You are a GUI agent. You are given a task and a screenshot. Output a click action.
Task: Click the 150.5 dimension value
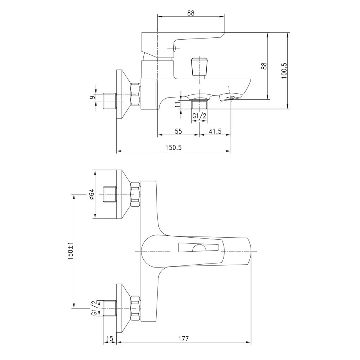pos(174,147)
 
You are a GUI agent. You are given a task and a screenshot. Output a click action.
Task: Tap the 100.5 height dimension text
pos(284,71)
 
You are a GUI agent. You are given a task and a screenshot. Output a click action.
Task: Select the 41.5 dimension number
pos(215,131)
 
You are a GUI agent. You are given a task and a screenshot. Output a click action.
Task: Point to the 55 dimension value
pos(179,131)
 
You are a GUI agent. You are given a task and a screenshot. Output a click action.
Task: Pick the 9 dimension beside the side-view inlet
pos(92,98)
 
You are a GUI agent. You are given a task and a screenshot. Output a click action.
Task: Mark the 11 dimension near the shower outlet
pos(177,105)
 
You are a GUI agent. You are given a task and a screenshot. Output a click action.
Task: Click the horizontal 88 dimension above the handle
pos(190,13)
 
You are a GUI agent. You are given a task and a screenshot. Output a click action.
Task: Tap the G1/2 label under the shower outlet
pos(199,116)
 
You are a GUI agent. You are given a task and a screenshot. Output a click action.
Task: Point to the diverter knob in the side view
pos(199,67)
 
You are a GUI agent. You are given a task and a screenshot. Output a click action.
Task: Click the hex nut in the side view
pos(135,94)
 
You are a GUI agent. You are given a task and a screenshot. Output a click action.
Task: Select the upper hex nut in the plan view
pos(135,194)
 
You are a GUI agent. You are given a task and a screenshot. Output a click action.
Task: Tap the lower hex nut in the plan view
pos(135,309)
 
